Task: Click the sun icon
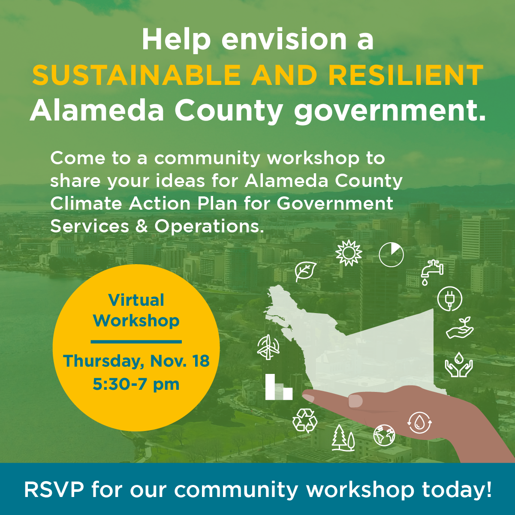(349, 253)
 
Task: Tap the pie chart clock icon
(391, 255)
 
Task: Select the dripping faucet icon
(432, 272)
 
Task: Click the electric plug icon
(449, 299)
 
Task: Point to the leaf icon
(306, 271)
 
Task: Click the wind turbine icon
(268, 347)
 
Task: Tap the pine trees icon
(343, 437)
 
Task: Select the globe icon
(384, 435)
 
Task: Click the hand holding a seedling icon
(460, 328)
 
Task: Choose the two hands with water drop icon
(459, 364)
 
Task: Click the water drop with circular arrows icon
(419, 423)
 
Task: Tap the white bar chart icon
(279, 387)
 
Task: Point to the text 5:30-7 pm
(136, 385)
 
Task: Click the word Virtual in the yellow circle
(136, 300)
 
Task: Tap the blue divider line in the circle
(136, 342)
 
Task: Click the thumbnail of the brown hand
(355, 401)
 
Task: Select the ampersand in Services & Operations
(142, 226)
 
